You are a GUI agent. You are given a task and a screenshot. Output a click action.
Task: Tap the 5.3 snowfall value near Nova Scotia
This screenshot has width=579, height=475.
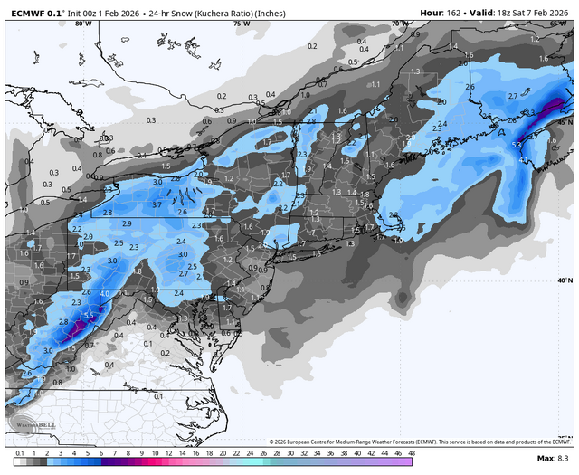(x=516, y=145)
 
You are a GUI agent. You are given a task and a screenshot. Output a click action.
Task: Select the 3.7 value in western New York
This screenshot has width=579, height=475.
(x=157, y=205)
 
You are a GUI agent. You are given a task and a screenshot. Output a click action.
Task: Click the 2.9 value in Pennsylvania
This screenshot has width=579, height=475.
(x=127, y=223)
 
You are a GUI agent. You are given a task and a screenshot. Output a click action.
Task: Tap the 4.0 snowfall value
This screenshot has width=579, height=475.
(x=104, y=293)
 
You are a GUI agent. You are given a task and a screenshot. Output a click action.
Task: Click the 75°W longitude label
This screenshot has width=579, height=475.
(x=241, y=24)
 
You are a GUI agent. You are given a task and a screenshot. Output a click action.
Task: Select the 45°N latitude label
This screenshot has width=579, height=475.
(x=563, y=121)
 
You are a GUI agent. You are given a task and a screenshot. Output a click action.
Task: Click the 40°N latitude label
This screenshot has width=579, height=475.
(x=563, y=280)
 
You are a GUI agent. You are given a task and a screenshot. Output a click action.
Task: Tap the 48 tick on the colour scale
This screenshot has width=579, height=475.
(x=411, y=452)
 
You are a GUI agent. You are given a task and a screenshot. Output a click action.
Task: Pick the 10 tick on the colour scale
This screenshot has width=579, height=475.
(x=156, y=452)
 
